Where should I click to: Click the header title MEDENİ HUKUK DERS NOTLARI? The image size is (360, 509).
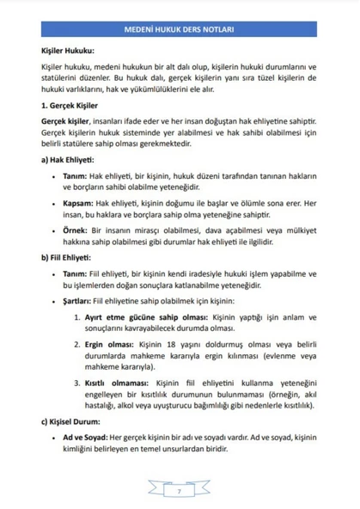pyautogui.click(x=180, y=28)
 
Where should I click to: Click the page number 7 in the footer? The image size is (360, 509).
pyautogui.click(x=180, y=491)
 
